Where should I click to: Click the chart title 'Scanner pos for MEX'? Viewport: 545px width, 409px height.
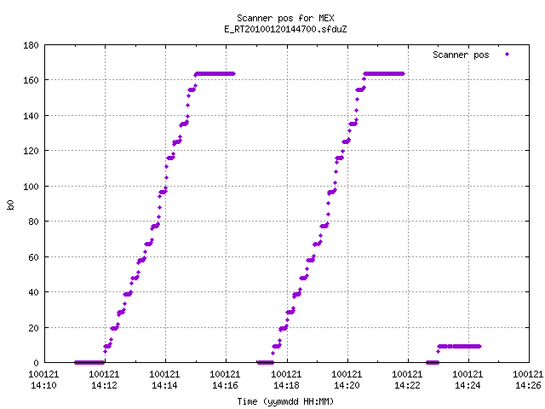(x=285, y=18)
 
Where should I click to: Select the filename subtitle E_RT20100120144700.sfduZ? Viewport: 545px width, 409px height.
(x=285, y=29)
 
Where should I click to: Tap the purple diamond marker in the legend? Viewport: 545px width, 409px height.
(x=508, y=55)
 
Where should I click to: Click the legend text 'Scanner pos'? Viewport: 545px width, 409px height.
(x=461, y=55)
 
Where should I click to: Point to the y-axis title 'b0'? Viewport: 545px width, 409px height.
(x=10, y=204)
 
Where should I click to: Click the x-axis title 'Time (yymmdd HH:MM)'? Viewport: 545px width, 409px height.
(x=285, y=401)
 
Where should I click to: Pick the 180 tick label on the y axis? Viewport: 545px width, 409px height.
(x=31, y=45)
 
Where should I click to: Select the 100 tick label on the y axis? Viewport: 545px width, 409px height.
(x=31, y=187)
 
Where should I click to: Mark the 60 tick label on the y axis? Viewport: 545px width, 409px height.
(x=33, y=257)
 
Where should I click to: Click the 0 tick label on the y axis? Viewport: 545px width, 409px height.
(x=36, y=363)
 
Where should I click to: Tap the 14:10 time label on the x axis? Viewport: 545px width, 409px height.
(x=43, y=385)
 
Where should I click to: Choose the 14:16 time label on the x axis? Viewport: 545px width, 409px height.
(x=225, y=385)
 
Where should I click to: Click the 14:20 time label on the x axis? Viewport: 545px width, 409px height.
(x=347, y=385)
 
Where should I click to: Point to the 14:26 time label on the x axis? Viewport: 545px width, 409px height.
(x=528, y=385)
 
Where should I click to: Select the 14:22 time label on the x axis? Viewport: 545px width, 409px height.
(x=407, y=385)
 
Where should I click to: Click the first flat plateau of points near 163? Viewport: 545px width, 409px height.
(x=215, y=74)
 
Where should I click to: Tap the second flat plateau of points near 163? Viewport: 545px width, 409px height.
(x=384, y=74)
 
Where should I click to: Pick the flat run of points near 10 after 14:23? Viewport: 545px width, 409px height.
(x=459, y=346)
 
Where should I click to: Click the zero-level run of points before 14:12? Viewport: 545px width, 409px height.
(x=89, y=362)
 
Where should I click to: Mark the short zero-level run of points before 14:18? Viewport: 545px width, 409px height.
(x=266, y=362)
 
